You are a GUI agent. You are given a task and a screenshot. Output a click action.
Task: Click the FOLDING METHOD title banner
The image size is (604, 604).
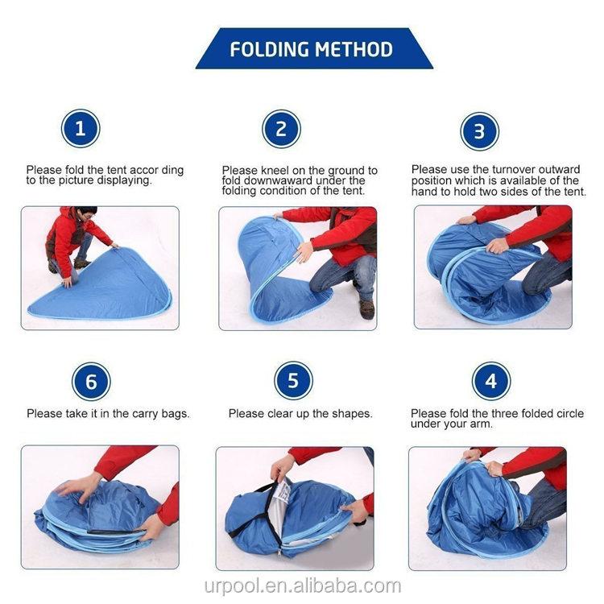(312, 49)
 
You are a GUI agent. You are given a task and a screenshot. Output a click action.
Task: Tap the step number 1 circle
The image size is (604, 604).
(81, 129)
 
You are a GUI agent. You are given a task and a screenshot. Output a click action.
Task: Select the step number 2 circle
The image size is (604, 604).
(281, 129)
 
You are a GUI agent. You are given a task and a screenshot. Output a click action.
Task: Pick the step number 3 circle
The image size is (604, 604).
(479, 131)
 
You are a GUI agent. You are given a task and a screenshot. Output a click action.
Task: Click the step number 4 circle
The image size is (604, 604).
(491, 381)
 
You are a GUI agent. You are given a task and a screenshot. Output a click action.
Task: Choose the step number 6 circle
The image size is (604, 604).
(91, 381)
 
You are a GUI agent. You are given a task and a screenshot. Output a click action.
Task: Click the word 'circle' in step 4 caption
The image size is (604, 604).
(567, 413)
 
